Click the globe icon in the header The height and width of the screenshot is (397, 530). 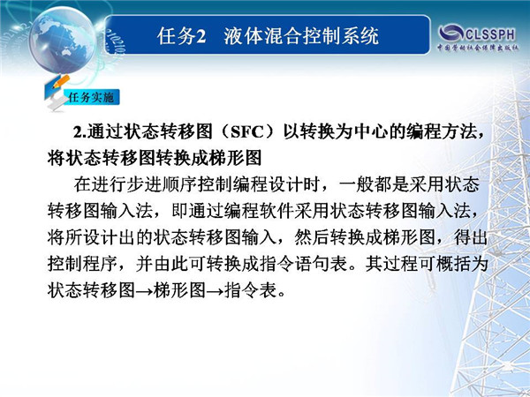pos(63,41)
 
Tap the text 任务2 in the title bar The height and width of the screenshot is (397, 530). pos(181,36)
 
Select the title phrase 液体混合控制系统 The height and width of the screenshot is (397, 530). pos(301,36)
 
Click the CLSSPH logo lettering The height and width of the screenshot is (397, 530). pos(490,34)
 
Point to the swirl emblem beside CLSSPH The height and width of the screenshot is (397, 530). pos(451,34)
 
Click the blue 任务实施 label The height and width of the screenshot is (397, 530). pos(91,97)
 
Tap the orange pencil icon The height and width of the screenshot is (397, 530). pos(61,82)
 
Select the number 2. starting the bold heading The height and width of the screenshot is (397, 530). pos(80,132)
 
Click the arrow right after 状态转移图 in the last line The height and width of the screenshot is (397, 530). pos(144,291)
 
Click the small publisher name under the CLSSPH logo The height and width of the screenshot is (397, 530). pos(478,48)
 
